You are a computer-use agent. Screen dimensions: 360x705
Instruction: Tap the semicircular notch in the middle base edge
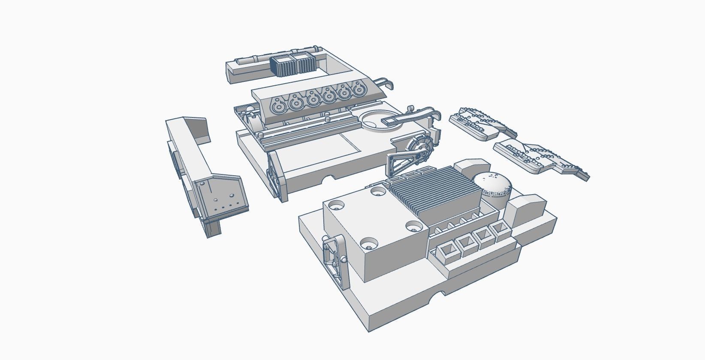[x=329, y=178]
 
